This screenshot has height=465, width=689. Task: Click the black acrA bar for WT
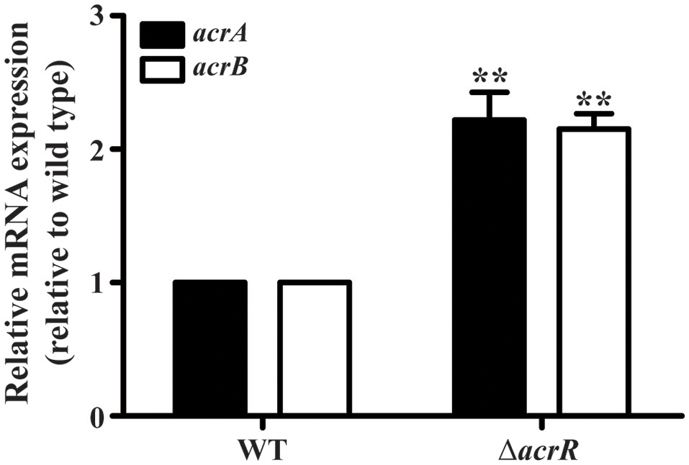coord(210,348)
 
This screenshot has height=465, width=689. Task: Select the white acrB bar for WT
coord(315,348)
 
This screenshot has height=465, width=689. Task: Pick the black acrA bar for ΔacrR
coord(489,267)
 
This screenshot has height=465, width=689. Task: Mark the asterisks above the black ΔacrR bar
coord(489,76)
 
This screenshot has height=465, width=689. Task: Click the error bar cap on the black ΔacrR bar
coord(489,92)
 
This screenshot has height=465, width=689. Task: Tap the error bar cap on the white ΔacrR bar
coord(594,114)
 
